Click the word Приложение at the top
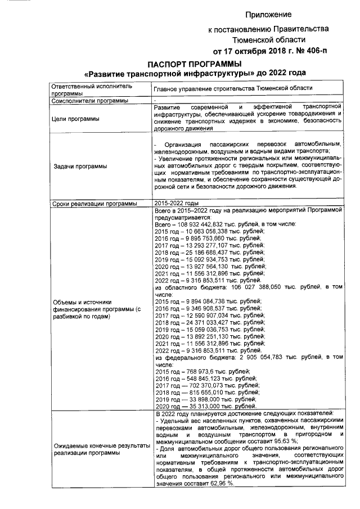tap(268, 13)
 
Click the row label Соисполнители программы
tap(89, 100)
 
